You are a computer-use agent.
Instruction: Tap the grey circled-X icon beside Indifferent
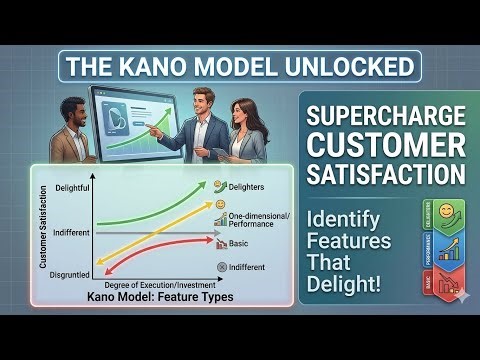pyautogui.click(x=220, y=268)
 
